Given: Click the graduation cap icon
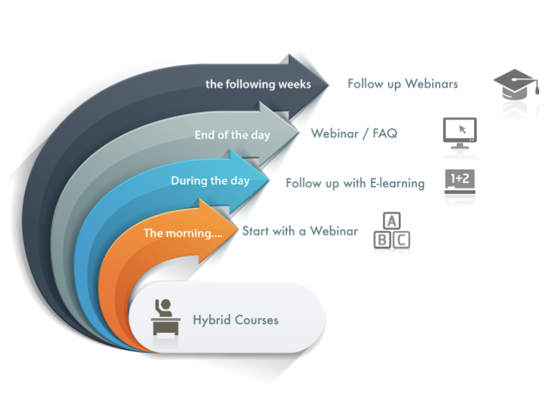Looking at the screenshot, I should click(x=517, y=86).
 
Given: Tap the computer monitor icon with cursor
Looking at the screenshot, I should click(x=459, y=133).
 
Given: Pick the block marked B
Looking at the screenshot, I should click(x=383, y=239).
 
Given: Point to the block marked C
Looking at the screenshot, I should click(x=402, y=239).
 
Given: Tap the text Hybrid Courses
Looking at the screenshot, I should click(x=235, y=319).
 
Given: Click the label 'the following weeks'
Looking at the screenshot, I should click(x=258, y=85).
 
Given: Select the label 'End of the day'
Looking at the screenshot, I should click(x=232, y=135).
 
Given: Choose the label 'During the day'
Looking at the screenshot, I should click(x=210, y=181).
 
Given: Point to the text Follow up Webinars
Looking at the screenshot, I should click(x=402, y=84).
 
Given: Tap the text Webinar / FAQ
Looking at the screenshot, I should click(x=353, y=134).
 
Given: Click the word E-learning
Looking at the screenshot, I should click(x=397, y=183).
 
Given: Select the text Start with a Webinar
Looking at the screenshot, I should click(x=300, y=231).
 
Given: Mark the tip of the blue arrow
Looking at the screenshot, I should click(x=270, y=180).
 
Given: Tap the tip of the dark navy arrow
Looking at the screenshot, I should click(x=329, y=85).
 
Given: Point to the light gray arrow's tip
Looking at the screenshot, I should click(x=299, y=134).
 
